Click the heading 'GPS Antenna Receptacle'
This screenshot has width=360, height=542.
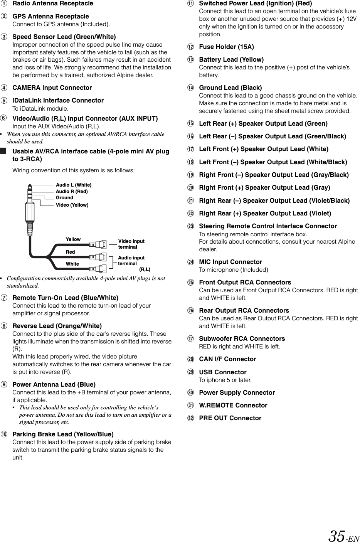click(50, 16)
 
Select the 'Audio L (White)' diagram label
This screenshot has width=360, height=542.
click(74, 185)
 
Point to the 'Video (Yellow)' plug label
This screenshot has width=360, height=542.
click(72, 205)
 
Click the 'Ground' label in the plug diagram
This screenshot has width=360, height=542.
click(64, 198)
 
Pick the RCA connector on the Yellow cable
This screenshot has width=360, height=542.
click(98, 244)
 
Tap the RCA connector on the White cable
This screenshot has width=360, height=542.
click(98, 269)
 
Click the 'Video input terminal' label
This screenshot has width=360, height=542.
click(131, 244)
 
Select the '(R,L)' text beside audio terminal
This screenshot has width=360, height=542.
click(145, 269)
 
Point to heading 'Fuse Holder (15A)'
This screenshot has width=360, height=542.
click(226, 47)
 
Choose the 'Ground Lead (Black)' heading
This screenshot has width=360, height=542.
click(230, 88)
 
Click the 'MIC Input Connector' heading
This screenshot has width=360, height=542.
click(230, 262)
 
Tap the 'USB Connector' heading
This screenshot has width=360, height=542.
click(222, 372)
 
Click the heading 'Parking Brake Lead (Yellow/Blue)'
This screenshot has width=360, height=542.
click(63, 434)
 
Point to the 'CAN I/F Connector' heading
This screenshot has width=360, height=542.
click(227, 359)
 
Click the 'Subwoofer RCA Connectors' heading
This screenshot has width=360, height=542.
click(242, 338)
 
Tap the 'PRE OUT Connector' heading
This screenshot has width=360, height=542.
click(230, 418)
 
